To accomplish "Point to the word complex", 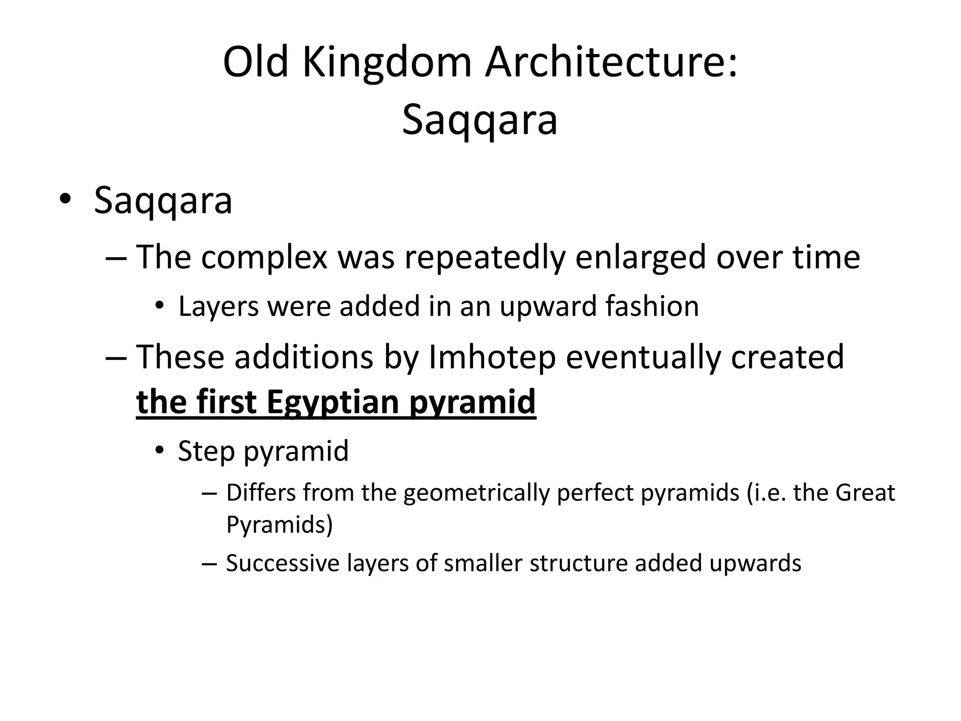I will point(264,258).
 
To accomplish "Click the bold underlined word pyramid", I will point(472,402).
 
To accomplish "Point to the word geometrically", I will point(476,493).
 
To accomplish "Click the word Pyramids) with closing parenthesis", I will point(279,524).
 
